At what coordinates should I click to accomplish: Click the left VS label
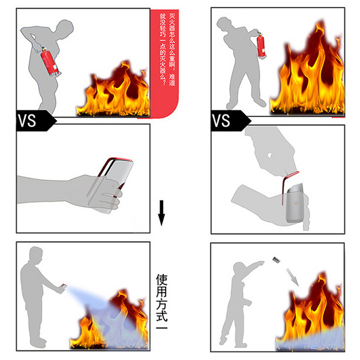[27, 121]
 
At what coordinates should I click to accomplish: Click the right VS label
[221, 121]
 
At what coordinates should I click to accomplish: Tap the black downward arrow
[161, 213]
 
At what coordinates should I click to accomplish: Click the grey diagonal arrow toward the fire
[292, 277]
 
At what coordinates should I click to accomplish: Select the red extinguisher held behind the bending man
[50, 62]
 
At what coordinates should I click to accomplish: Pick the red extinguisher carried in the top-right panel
[261, 45]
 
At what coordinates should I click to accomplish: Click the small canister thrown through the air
[277, 260]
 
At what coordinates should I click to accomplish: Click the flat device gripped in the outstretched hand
[111, 183]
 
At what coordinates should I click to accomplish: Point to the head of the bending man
[65, 28]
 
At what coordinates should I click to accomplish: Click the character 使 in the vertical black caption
[162, 280]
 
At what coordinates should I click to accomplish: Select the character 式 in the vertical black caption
[162, 314]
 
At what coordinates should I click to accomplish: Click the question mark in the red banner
[163, 82]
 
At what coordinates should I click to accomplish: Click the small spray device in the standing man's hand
[64, 286]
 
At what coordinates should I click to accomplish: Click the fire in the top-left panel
[113, 89]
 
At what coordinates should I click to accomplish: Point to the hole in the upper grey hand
[270, 155]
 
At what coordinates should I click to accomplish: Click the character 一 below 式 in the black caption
[162, 328]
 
